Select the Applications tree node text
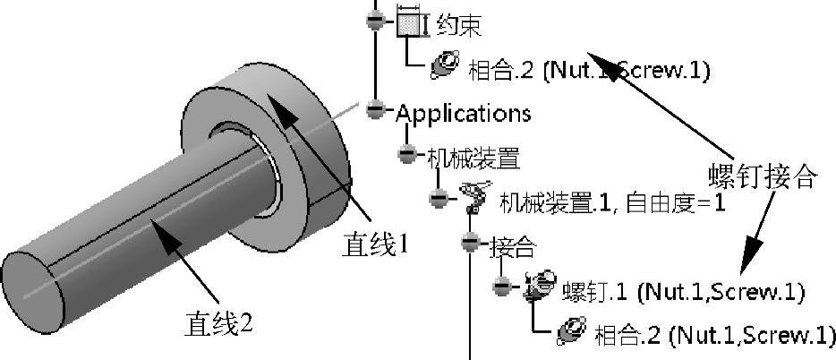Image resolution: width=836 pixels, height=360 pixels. pos(463,114)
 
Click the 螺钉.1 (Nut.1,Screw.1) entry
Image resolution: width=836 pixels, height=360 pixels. pos(683,291)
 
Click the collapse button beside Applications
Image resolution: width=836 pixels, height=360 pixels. pos(376,110)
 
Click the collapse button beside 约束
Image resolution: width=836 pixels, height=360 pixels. pos(376,21)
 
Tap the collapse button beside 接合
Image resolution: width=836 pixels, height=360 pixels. pos(471,242)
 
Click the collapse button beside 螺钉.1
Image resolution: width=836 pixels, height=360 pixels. pos(502,286)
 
